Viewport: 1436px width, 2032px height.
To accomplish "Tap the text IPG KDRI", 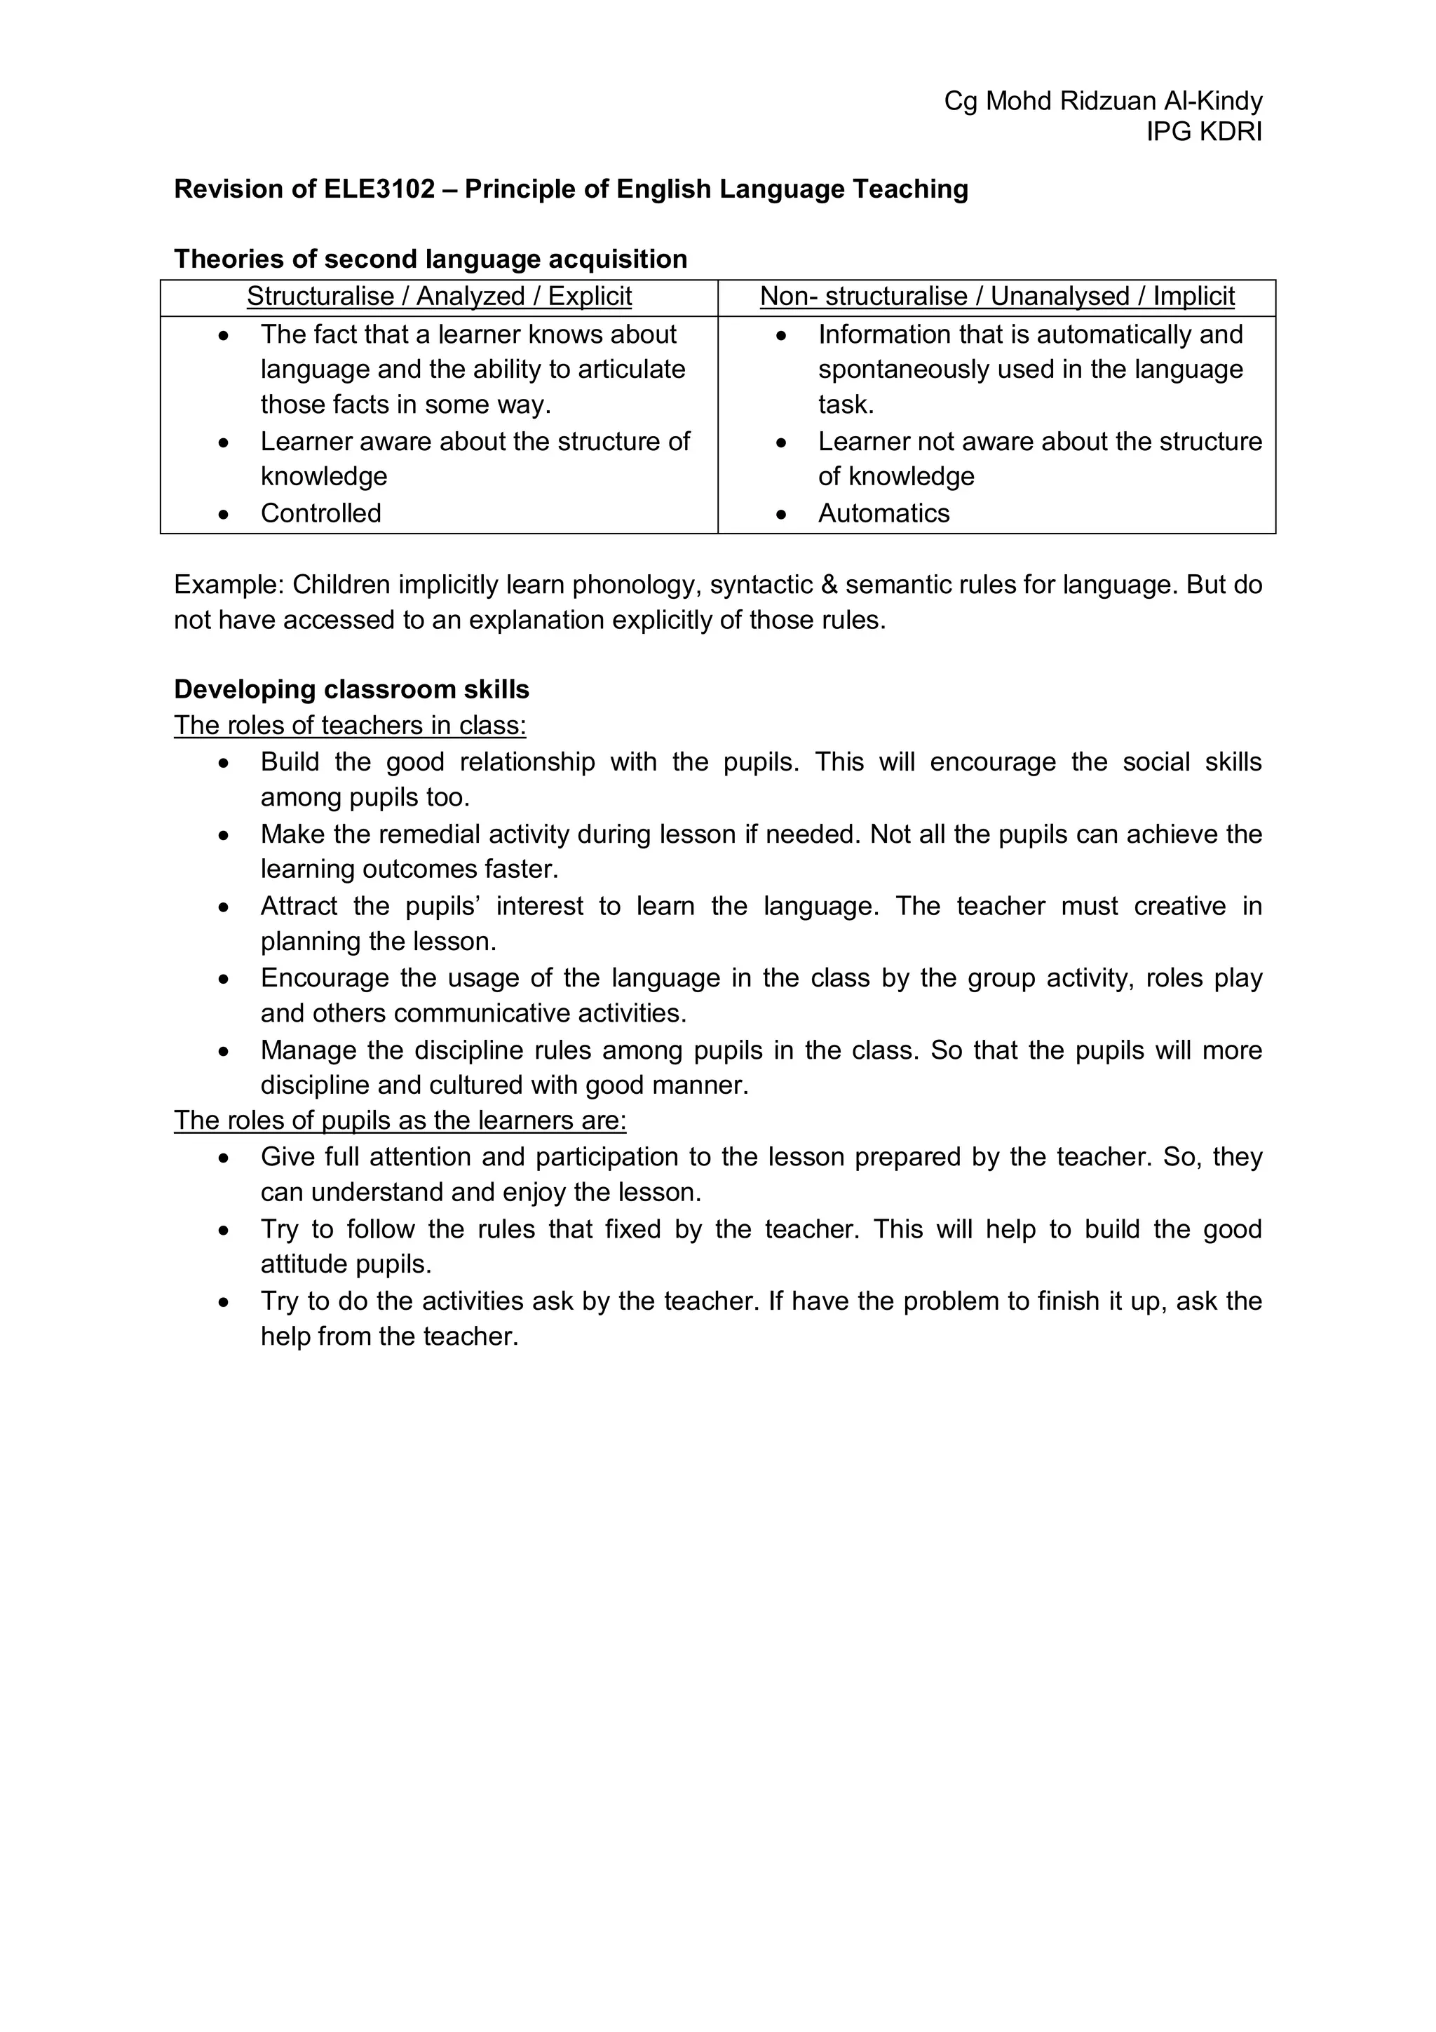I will coord(1203,132).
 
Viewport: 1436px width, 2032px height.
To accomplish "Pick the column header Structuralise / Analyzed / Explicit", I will coord(439,297).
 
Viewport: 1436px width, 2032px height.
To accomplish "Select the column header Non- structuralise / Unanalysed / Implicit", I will coord(996,297).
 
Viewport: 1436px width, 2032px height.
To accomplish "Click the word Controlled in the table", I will coord(320,513).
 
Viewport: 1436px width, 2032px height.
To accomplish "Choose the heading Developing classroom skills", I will coord(351,689).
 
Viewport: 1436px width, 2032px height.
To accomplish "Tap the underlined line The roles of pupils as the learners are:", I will coord(400,1120).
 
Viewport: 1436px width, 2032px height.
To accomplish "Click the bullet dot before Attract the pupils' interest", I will coord(225,908).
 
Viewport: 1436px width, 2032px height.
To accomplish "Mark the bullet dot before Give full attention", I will coord(225,1158).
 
